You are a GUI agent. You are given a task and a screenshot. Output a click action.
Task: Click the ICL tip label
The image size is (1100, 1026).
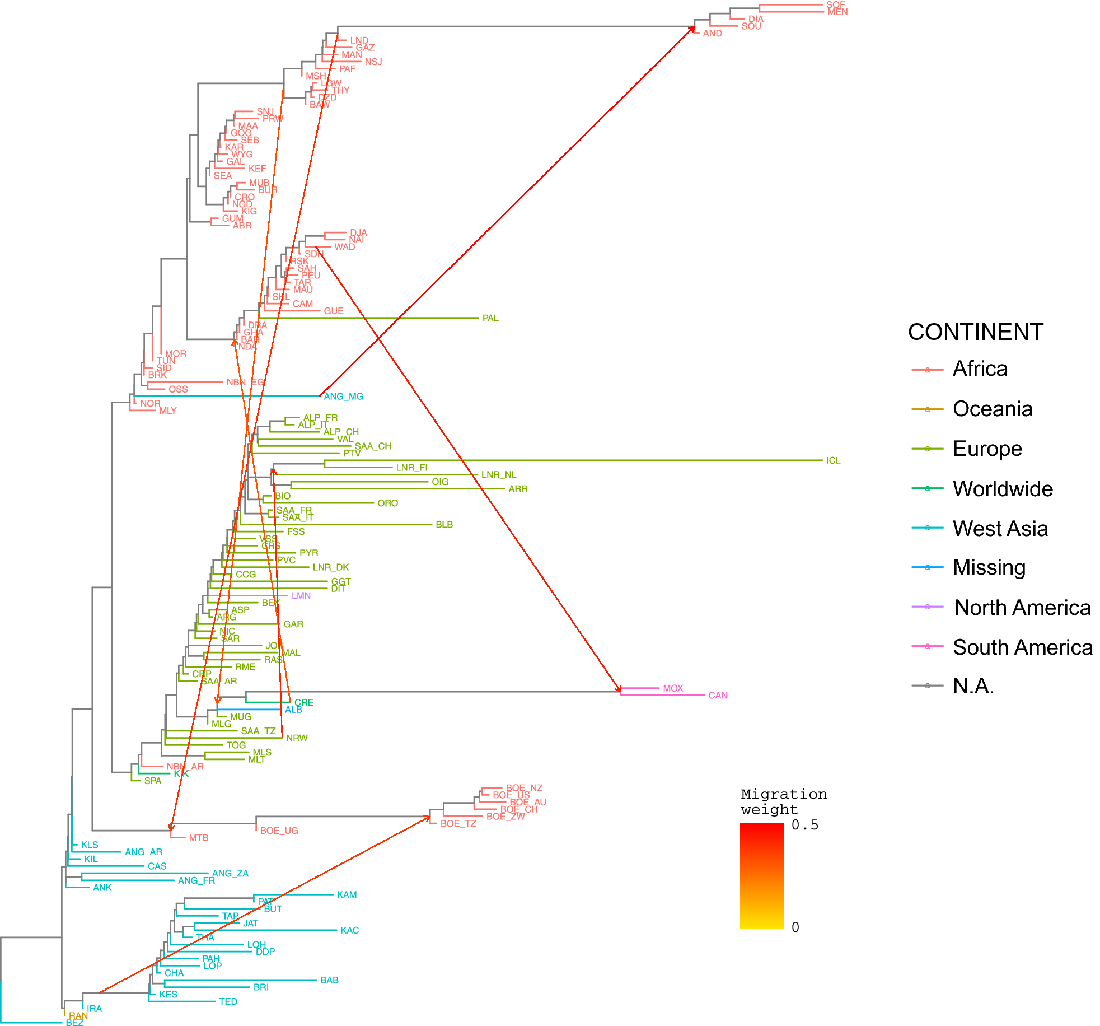click(833, 460)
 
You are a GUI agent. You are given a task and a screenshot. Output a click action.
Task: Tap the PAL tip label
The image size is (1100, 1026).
click(490, 318)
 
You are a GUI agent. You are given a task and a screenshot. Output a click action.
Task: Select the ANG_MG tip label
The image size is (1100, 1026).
click(344, 397)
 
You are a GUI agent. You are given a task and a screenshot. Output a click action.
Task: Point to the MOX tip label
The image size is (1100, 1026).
click(673, 688)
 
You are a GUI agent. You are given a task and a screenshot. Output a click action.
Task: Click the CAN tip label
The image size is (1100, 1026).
click(718, 696)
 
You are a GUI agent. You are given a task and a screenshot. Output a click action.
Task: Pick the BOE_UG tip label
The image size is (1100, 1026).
click(279, 831)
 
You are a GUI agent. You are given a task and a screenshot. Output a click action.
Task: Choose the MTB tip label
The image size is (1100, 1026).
click(198, 838)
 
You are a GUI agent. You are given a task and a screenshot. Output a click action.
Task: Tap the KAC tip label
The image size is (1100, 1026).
click(349, 930)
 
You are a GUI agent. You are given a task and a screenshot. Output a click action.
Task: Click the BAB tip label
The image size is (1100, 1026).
click(329, 980)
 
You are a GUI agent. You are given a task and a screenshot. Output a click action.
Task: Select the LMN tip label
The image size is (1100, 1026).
click(301, 596)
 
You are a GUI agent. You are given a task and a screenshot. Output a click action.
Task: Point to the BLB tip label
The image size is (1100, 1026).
click(444, 525)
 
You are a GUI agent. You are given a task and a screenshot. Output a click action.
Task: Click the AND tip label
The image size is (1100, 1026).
click(712, 34)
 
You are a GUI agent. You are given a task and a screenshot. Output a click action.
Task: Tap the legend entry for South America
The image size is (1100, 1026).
click(1022, 647)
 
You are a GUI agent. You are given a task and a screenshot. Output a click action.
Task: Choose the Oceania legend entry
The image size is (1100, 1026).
click(993, 409)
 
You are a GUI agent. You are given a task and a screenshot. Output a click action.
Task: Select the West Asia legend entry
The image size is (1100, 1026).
click(1000, 529)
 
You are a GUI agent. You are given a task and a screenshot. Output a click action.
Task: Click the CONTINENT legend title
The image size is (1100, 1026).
click(975, 332)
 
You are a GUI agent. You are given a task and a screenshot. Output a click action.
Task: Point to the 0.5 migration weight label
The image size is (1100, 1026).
click(804, 825)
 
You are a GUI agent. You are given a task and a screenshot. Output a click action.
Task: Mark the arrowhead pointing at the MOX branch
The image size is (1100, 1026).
click(619, 688)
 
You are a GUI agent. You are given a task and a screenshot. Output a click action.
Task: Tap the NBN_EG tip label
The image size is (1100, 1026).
click(245, 383)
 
